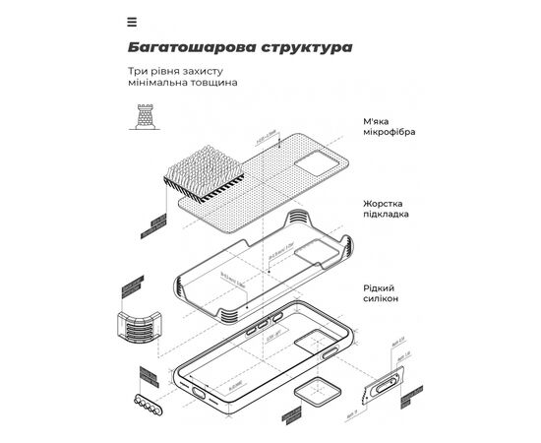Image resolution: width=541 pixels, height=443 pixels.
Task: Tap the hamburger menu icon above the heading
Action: [x=132, y=20]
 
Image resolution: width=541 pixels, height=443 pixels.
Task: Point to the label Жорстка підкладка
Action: [x=386, y=208]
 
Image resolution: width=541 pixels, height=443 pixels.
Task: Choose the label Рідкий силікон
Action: [x=381, y=291]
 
